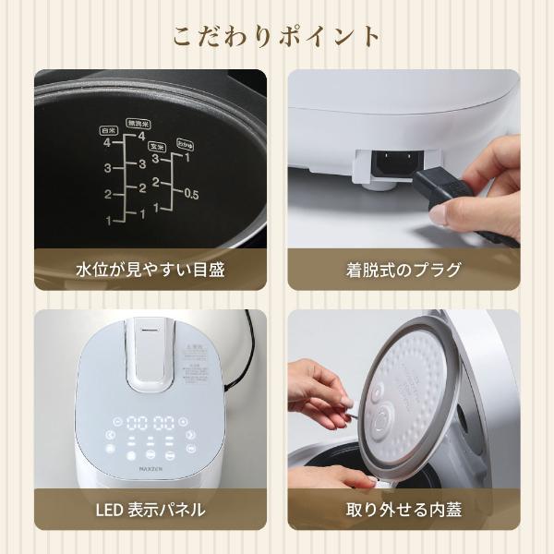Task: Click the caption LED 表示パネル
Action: (x=151, y=509)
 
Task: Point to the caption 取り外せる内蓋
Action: (x=403, y=509)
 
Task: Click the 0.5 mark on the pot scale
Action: (x=191, y=194)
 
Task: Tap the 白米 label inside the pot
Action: (x=107, y=131)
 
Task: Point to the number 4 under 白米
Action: (x=108, y=143)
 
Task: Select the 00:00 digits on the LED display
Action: (x=151, y=421)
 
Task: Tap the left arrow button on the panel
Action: (x=111, y=434)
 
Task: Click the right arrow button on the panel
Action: (x=190, y=434)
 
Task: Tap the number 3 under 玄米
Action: (x=156, y=159)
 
